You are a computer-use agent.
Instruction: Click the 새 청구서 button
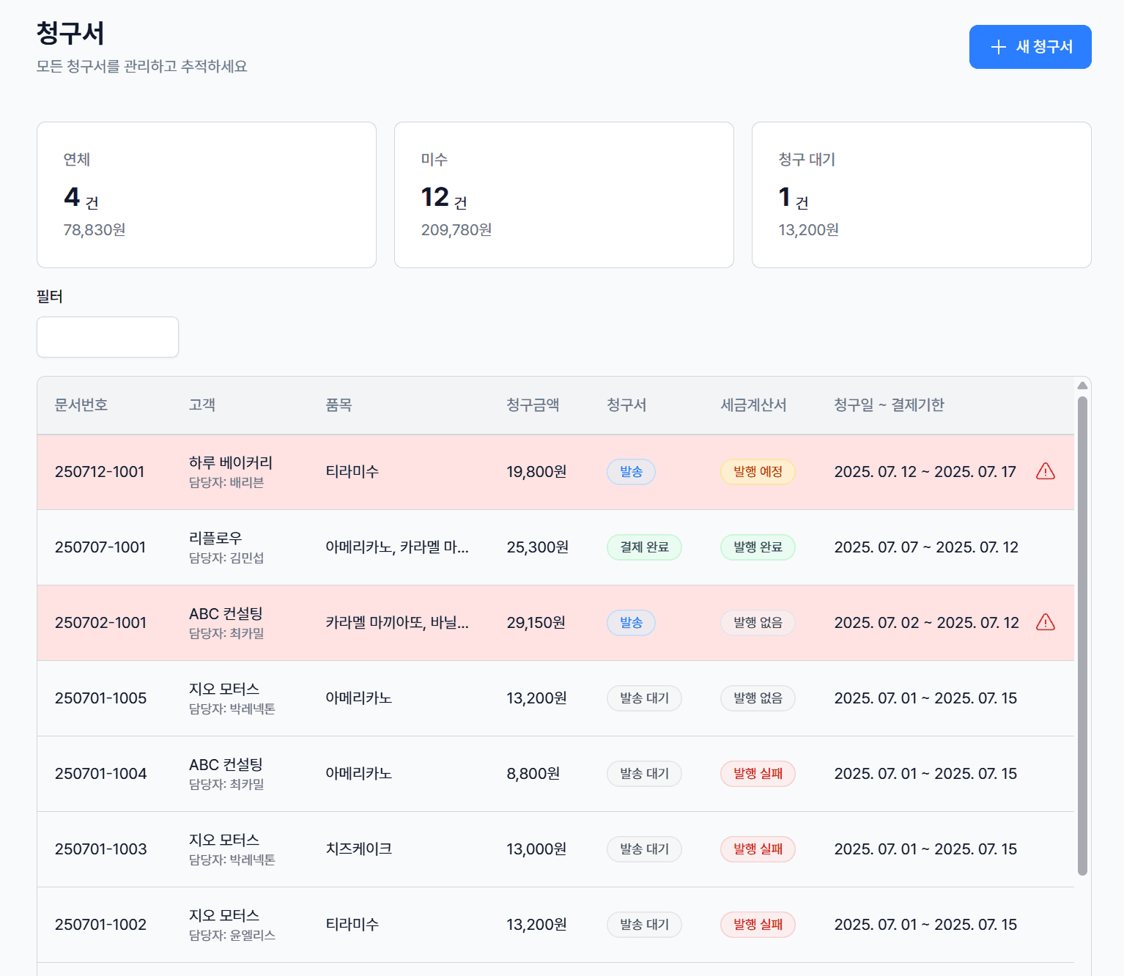pyautogui.click(x=1029, y=47)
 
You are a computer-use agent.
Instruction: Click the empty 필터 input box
pyautogui.click(x=108, y=336)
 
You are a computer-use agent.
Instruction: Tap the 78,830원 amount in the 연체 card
pyautogui.click(x=95, y=229)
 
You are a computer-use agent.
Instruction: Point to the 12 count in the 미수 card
pyautogui.click(x=435, y=196)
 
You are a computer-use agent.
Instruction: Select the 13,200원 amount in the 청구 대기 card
pyautogui.click(x=809, y=229)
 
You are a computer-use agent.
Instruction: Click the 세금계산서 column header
pyautogui.click(x=753, y=404)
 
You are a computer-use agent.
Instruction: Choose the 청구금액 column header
pyautogui.click(x=533, y=404)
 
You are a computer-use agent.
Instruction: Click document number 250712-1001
pyautogui.click(x=100, y=472)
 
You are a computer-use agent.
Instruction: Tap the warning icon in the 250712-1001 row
pyautogui.click(x=1045, y=471)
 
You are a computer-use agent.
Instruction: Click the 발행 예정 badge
pyautogui.click(x=758, y=472)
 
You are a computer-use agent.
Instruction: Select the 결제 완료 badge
pyautogui.click(x=644, y=547)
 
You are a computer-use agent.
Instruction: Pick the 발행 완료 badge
pyautogui.click(x=758, y=547)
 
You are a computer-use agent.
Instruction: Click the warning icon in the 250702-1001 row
pyautogui.click(x=1045, y=622)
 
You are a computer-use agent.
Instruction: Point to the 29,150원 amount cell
pyautogui.click(x=536, y=623)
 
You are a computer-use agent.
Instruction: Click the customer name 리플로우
pyautogui.click(x=215, y=538)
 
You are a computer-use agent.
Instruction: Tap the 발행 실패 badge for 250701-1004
pyautogui.click(x=758, y=773)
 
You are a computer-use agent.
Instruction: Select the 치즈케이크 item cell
pyautogui.click(x=359, y=849)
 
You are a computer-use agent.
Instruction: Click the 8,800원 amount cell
pyautogui.click(x=533, y=774)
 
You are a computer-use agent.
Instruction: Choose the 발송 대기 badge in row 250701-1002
pyautogui.click(x=644, y=925)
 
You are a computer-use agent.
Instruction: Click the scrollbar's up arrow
pyautogui.click(x=1082, y=385)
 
